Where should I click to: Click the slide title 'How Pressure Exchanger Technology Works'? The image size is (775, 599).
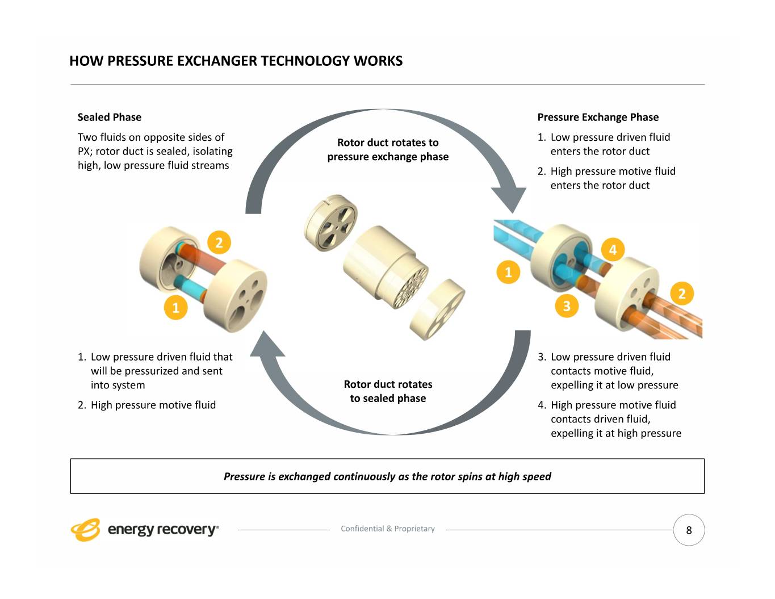(236, 61)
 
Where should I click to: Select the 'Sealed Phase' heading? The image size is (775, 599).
(110, 118)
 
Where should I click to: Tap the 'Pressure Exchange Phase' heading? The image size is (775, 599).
(598, 118)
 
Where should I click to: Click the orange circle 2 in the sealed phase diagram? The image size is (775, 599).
(219, 243)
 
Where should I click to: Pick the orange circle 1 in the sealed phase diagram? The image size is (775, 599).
(175, 308)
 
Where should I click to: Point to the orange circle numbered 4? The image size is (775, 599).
(613, 250)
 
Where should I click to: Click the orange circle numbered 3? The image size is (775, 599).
(566, 307)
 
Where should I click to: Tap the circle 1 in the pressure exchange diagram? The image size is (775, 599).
(508, 272)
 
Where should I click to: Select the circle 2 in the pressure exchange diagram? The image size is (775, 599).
(682, 294)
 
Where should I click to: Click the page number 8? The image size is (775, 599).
(689, 530)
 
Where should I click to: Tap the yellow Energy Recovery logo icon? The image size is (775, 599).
(85, 530)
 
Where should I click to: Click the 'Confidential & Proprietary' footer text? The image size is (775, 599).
(388, 529)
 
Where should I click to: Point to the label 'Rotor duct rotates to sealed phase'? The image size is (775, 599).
(388, 391)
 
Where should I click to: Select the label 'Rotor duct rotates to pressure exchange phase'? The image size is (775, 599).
(388, 149)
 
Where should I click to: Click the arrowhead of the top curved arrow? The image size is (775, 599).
(509, 199)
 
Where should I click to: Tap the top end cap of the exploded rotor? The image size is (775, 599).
(331, 219)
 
